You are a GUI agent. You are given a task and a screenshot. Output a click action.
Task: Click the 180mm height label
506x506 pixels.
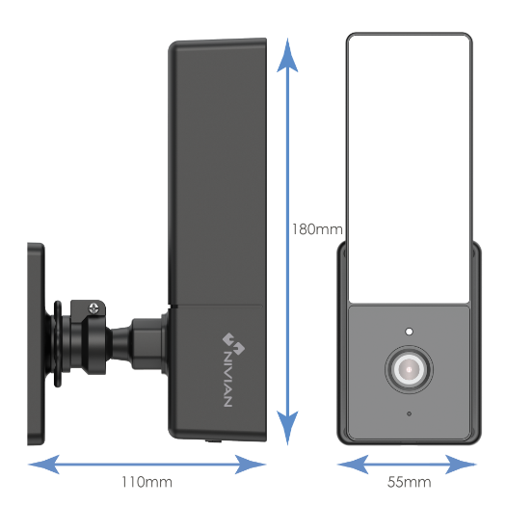[x=316, y=228]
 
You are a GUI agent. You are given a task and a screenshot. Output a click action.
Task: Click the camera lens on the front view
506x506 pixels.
[x=409, y=370]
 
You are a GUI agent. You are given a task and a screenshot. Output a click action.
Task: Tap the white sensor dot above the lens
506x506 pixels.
[x=410, y=331]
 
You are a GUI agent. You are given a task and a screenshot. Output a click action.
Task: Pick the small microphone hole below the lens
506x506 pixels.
[x=409, y=413]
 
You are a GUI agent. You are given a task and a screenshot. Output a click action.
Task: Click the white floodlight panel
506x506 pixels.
[x=409, y=164]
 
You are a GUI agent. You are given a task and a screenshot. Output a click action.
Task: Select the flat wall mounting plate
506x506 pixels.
[x=35, y=342]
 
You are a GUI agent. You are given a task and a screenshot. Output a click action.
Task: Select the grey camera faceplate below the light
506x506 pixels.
[x=409, y=376]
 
